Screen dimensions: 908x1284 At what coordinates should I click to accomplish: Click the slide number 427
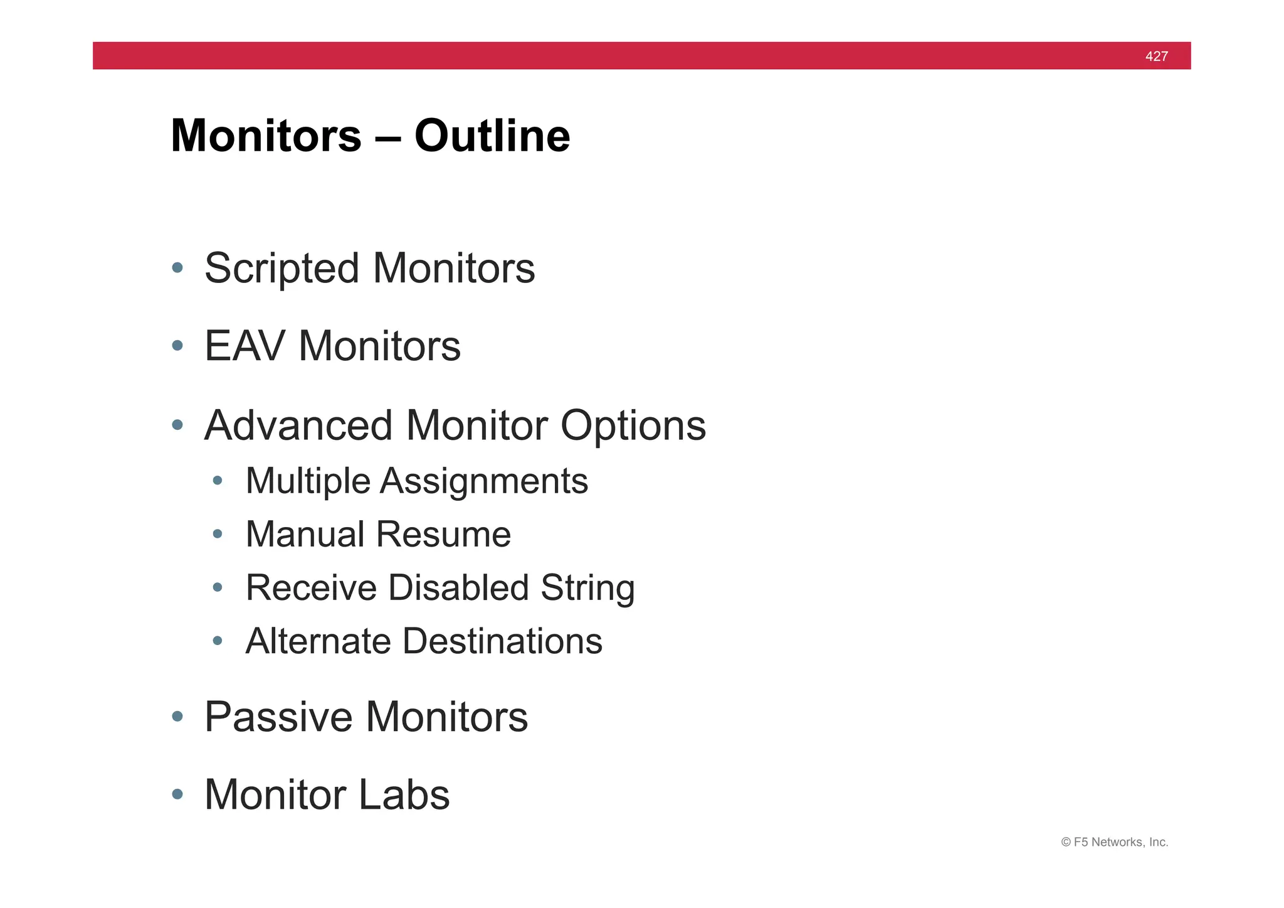tap(1156, 56)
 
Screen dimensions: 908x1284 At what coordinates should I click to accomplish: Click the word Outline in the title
tap(492, 136)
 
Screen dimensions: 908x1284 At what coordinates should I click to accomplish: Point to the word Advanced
tap(298, 426)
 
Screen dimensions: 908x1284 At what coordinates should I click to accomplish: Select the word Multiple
tap(308, 482)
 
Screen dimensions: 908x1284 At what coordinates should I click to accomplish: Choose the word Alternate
tap(318, 641)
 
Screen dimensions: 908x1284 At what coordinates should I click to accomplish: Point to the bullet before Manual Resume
tap(218, 535)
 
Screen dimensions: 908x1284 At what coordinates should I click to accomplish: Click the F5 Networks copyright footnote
tap(1114, 842)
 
